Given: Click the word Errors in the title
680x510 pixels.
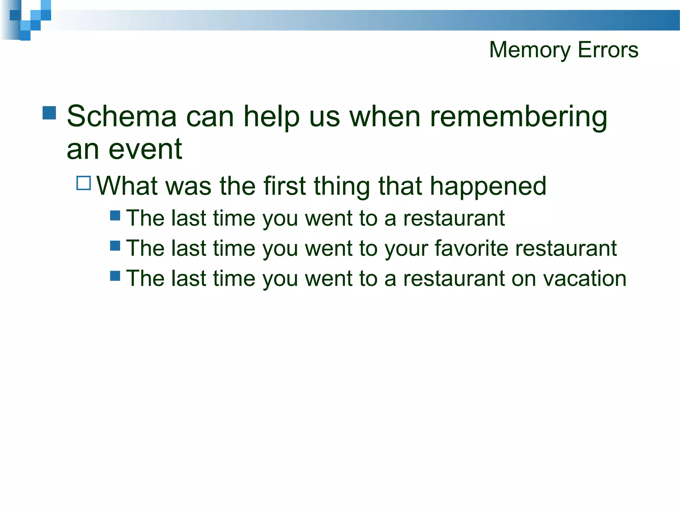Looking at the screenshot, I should [x=608, y=50].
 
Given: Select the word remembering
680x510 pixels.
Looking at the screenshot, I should [x=519, y=117].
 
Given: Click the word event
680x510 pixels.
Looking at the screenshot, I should [x=145, y=149].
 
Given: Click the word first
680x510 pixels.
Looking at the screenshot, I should [x=285, y=186].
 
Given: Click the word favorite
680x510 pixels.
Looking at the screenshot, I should [x=471, y=248].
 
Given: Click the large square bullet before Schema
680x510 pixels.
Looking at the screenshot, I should [x=49, y=113].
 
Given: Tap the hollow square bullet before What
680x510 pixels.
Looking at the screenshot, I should [x=84, y=183].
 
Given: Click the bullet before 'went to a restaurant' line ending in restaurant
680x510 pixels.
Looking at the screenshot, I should [x=115, y=215].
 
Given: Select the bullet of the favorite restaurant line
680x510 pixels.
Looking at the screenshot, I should [x=115, y=246].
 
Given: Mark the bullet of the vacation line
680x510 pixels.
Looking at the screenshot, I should [x=115, y=276].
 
